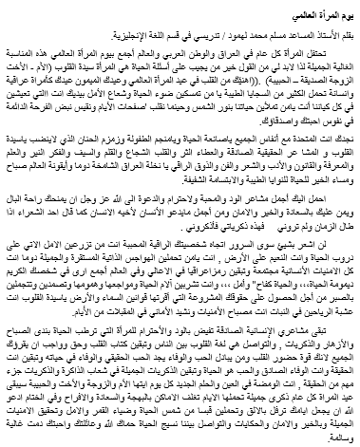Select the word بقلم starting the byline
[x=346, y=30]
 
